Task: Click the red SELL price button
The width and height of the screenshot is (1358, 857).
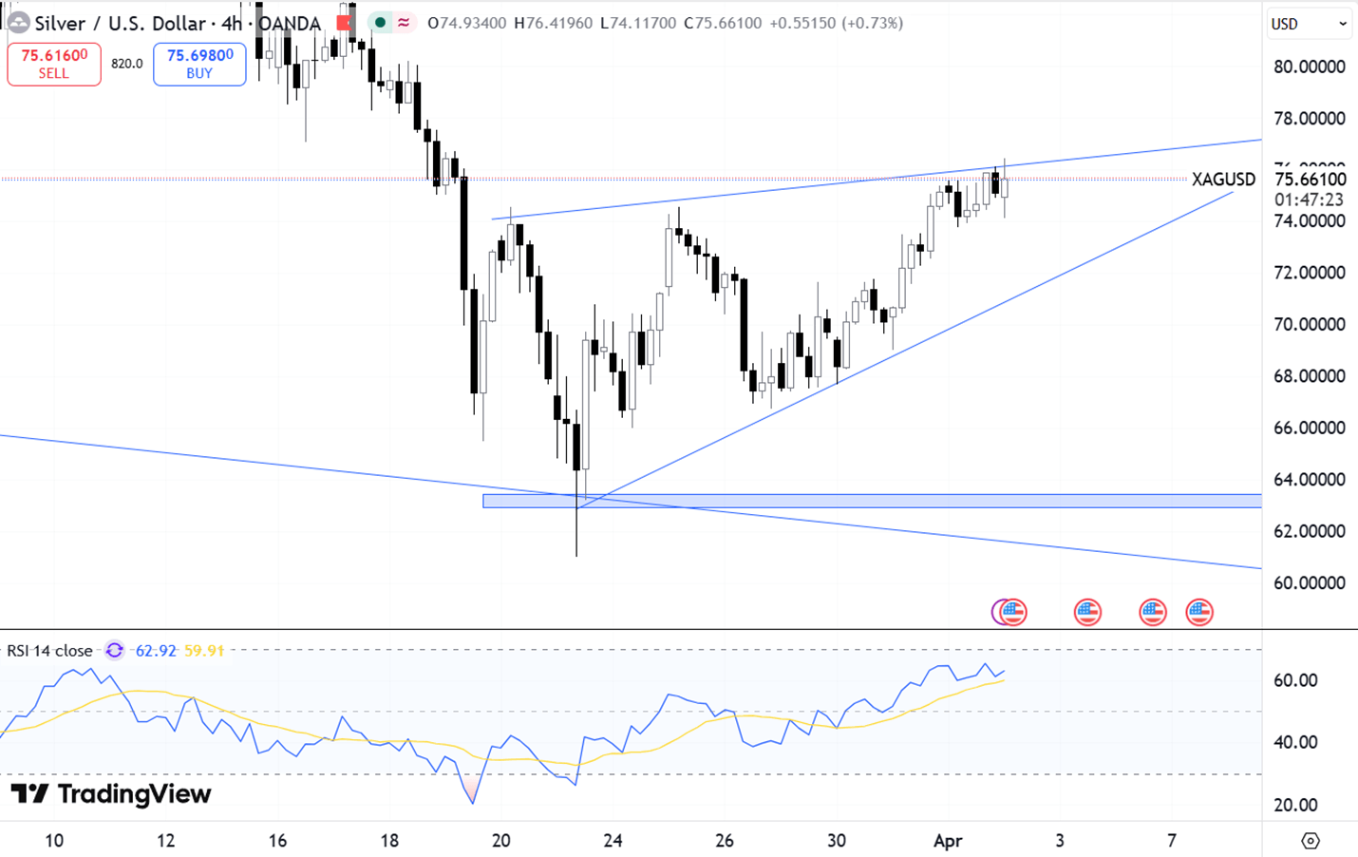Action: click(54, 64)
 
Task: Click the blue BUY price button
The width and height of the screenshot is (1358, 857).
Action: click(199, 64)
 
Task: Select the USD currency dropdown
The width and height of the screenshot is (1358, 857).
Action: click(1309, 24)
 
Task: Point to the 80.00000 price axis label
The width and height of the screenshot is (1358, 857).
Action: click(1309, 67)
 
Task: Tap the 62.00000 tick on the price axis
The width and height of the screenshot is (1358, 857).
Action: click(1309, 531)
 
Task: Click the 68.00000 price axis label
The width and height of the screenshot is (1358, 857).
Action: click(1309, 376)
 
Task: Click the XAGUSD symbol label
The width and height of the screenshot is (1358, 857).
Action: click(1223, 179)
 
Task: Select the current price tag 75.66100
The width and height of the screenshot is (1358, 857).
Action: click(1310, 180)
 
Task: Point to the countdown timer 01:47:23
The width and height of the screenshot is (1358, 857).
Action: click(1309, 200)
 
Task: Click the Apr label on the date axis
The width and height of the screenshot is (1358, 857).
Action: click(948, 841)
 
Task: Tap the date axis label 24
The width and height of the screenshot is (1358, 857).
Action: click(613, 841)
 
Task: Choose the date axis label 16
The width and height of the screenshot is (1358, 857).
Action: click(277, 841)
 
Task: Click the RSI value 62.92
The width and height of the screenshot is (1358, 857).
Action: click(156, 651)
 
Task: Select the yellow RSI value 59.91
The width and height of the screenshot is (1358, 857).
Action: click(204, 651)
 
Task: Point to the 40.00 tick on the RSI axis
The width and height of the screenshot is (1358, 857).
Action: click(1295, 742)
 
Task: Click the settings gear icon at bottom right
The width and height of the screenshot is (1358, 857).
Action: click(1311, 841)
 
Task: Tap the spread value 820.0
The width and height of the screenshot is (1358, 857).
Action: click(127, 64)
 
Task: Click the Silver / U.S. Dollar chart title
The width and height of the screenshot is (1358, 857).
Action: click(120, 23)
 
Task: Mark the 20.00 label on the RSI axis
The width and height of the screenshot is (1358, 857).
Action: click(1295, 805)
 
